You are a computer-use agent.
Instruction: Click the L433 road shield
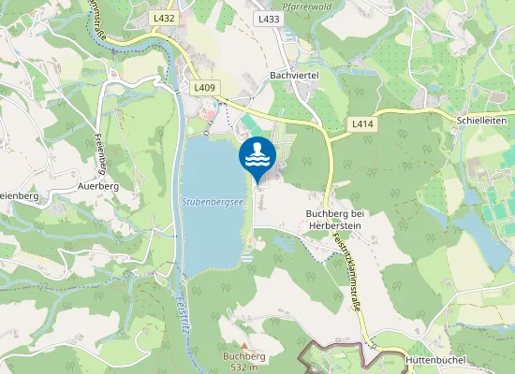(269, 19)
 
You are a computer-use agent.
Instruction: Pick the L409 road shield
(205, 88)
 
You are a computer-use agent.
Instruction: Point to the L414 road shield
(362, 123)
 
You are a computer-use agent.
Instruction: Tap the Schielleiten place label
(484, 122)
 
